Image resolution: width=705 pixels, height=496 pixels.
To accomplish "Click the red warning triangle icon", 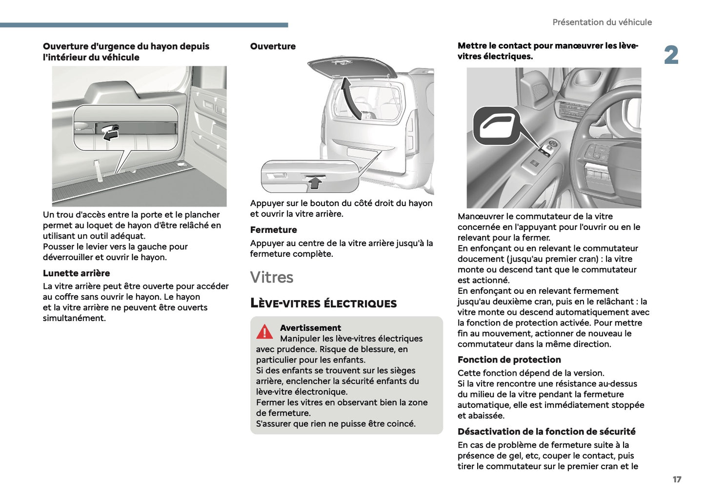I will coord(264,332).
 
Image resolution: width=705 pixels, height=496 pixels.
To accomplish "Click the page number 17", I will coord(677,479).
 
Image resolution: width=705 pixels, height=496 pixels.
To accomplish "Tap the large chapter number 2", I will coord(671,55).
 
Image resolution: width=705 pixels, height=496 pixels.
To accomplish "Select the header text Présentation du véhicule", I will coord(602,22).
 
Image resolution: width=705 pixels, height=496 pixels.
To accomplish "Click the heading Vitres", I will coord(272,277).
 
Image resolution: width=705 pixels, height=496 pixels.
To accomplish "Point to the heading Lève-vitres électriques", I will coord(323,303).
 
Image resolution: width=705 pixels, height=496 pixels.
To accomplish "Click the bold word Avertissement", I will coord(310,328).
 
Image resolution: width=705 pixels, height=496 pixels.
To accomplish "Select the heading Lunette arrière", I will coord(77,273).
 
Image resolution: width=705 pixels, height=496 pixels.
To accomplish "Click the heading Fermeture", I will coord(273,230).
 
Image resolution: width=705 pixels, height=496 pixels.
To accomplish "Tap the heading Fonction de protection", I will coord(509,360).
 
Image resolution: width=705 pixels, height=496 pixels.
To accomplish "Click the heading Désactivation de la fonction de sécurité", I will coord(546,432).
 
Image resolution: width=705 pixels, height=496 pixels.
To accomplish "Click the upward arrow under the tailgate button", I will coord(316,183).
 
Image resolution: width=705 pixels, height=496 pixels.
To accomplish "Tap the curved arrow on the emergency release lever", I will coord(111,133).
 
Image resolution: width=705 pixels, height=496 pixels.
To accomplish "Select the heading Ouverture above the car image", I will coord(273,47).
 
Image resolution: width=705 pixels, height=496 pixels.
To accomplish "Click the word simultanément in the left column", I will coord(74,319).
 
